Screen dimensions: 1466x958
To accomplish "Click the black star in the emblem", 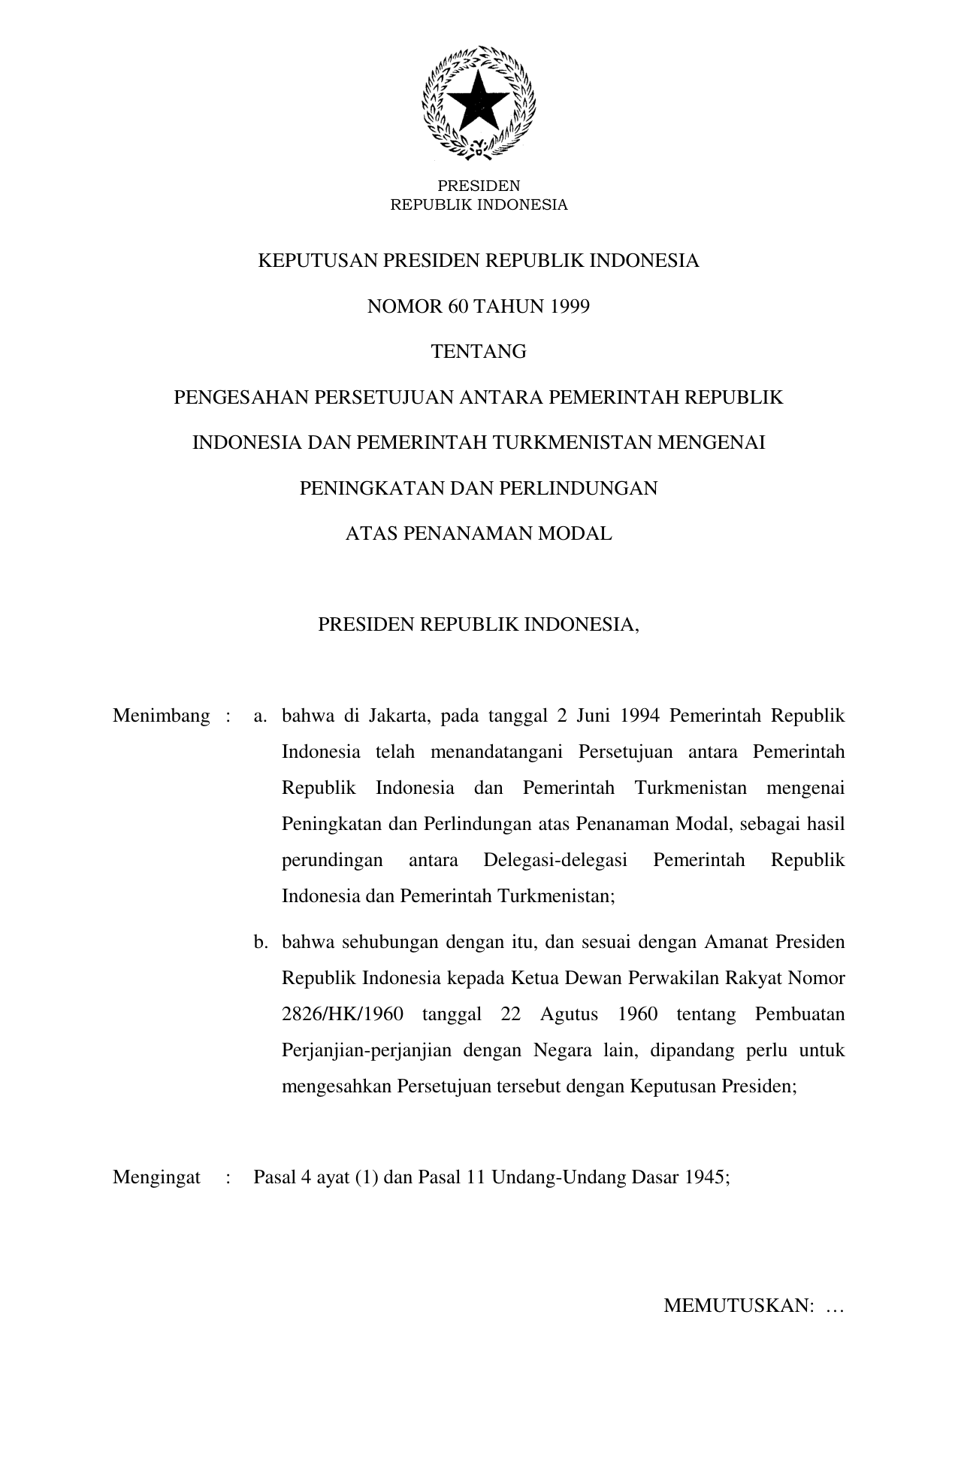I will (479, 101).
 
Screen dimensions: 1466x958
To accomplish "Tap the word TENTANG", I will (479, 352).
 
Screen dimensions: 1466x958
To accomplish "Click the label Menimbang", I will (162, 716).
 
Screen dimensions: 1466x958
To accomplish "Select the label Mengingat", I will (156, 1177).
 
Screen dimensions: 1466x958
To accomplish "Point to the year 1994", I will (640, 716).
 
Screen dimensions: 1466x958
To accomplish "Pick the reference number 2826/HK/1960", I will (342, 1015).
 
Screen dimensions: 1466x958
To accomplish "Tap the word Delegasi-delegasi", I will (555, 860).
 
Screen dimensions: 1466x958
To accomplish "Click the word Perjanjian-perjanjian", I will (366, 1051).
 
